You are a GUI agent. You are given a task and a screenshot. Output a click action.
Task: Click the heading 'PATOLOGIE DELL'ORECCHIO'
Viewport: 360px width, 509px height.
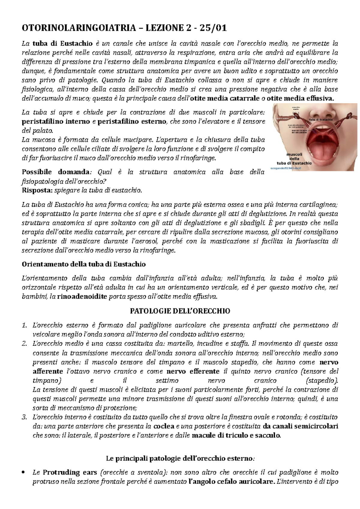pos(180,311)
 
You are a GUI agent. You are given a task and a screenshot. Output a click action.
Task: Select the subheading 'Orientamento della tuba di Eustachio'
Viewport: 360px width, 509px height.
pos(84,264)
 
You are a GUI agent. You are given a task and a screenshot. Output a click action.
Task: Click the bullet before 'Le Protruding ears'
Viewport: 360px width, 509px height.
pos(24,473)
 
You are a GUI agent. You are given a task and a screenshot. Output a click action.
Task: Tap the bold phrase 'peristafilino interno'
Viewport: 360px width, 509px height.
pos(56,121)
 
